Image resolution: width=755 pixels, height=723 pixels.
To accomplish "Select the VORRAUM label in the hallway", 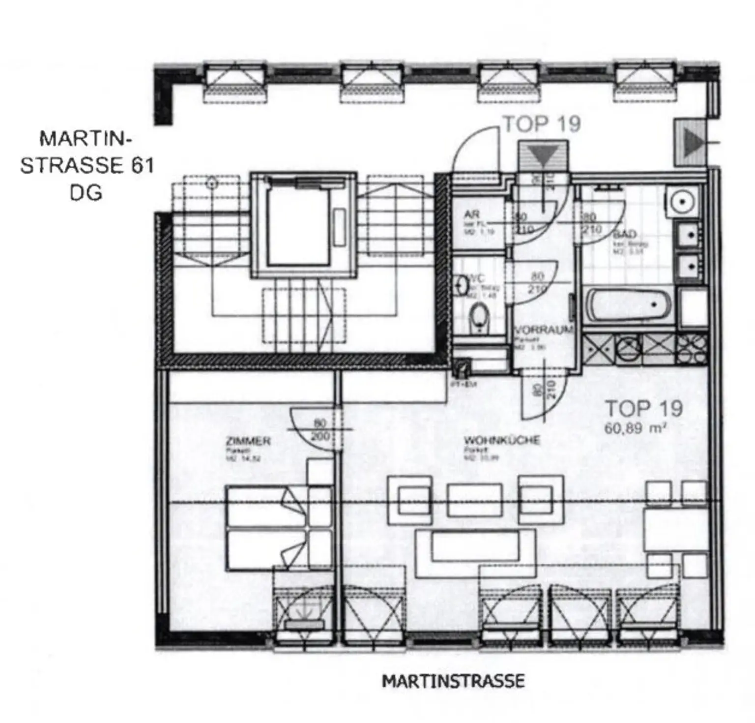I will [543, 330].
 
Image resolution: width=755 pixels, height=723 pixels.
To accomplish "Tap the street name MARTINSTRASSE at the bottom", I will [453, 681].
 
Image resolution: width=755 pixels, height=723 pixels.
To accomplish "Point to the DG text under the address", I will [86, 192].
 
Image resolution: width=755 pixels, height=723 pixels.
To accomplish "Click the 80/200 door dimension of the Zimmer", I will [320, 429].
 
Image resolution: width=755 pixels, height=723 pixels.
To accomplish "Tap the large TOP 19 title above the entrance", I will [542, 124].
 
